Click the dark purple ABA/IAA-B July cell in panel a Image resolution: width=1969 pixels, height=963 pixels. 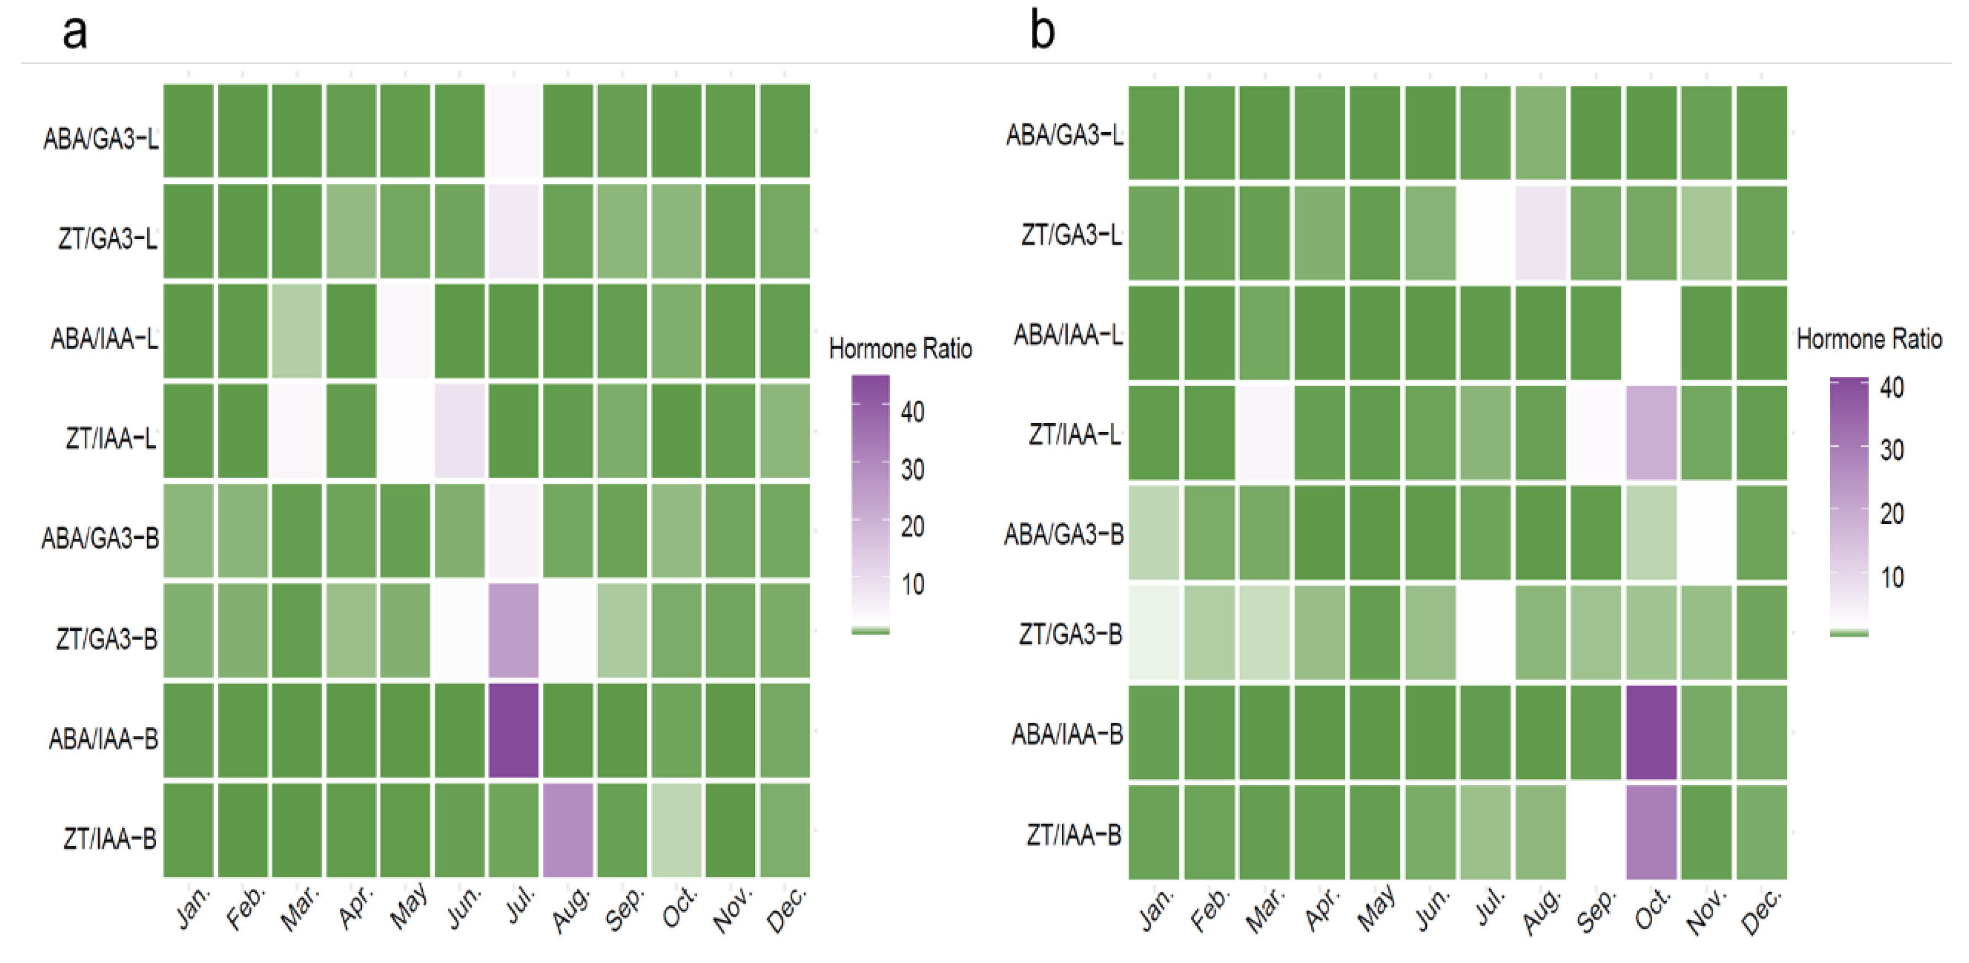point(514,730)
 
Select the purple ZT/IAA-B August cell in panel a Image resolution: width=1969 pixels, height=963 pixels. point(568,830)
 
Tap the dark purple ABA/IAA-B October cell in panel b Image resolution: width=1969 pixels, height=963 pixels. point(1651,732)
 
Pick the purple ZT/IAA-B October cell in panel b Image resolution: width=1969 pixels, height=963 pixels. point(1651,832)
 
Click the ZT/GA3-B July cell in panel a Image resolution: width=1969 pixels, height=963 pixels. point(514,631)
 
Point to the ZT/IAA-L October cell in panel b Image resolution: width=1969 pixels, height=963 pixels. point(1651,432)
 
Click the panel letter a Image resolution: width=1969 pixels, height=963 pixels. point(74,32)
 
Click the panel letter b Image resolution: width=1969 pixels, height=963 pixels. point(1042,32)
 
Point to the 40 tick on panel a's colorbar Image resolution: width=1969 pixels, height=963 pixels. point(912,413)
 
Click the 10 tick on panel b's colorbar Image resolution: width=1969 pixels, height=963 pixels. point(1892,577)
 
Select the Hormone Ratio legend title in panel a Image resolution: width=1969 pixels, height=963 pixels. point(900,349)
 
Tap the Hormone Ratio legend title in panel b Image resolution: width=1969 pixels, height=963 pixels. point(1868,339)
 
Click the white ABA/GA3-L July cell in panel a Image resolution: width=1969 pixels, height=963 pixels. point(514,131)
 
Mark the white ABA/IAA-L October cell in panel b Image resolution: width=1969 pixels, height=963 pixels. point(1651,332)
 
